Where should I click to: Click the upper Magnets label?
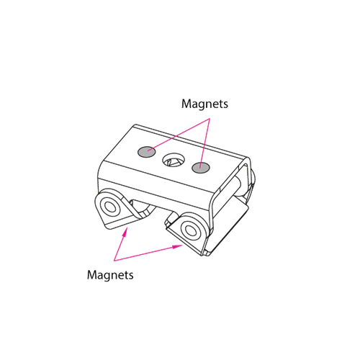tap(204, 104)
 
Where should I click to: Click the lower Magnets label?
tap(110, 275)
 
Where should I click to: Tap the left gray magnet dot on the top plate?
tap(146, 152)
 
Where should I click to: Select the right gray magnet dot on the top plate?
tap(201, 167)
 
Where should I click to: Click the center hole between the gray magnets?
tap(174, 160)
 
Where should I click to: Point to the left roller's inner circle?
tap(110, 207)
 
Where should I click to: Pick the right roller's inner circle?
tap(191, 231)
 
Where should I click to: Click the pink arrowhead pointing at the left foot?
tap(125, 233)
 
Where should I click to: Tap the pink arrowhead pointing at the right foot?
tap(178, 246)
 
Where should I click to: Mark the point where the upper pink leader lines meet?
tap(210, 118)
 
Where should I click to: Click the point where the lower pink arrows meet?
tap(114, 261)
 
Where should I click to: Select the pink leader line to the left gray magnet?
tap(179, 135)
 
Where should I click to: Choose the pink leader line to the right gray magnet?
tap(204, 143)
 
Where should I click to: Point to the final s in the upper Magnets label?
tap(225, 105)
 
